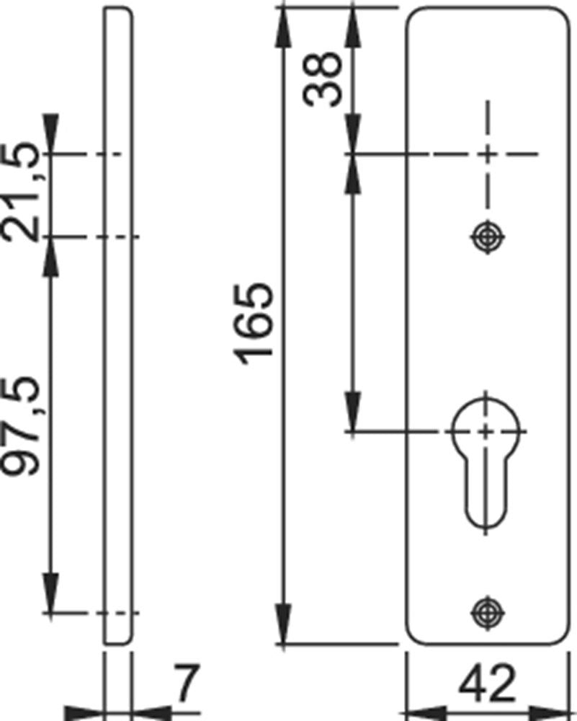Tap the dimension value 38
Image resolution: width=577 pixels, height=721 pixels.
click(x=323, y=79)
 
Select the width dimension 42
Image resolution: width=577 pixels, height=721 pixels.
click(x=488, y=684)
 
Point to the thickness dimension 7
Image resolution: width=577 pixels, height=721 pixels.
click(x=186, y=684)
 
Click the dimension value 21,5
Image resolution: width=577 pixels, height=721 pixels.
click(x=19, y=193)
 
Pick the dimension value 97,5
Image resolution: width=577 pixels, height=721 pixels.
click(x=19, y=426)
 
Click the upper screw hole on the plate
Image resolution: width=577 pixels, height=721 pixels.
click(x=488, y=237)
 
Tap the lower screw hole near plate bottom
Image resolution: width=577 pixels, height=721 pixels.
click(x=488, y=612)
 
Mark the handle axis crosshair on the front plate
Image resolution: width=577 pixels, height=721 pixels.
click(x=488, y=154)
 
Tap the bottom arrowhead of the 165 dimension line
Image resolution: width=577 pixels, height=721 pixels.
click(x=283, y=624)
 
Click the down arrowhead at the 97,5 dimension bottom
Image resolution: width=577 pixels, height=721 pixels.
click(x=50, y=593)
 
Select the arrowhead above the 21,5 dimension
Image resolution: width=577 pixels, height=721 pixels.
click(x=50, y=133)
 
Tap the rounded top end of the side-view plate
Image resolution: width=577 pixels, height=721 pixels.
click(x=118, y=10)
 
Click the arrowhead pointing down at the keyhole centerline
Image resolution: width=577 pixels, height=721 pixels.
click(x=353, y=412)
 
